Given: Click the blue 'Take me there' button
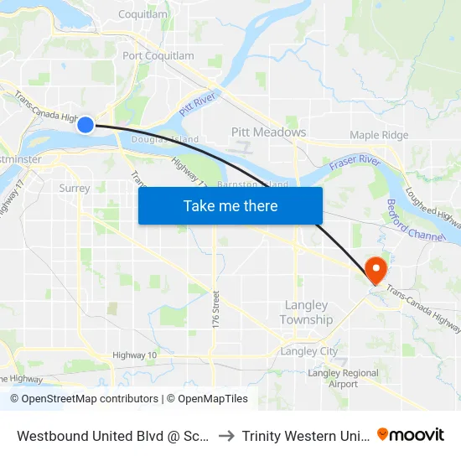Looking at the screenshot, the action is click(x=230, y=205).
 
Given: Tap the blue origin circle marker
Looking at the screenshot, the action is click(x=85, y=125).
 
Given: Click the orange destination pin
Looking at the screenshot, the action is click(x=376, y=270).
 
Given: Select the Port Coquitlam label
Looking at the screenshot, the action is click(x=158, y=56).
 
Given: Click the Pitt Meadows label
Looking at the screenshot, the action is click(x=268, y=132).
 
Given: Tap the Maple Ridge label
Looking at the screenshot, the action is click(x=379, y=135).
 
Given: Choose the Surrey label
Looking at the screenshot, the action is click(x=75, y=189).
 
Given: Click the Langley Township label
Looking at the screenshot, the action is click(x=306, y=313).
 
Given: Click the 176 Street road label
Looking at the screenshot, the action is click(x=215, y=309).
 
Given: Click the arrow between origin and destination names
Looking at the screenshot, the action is click(x=225, y=436).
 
